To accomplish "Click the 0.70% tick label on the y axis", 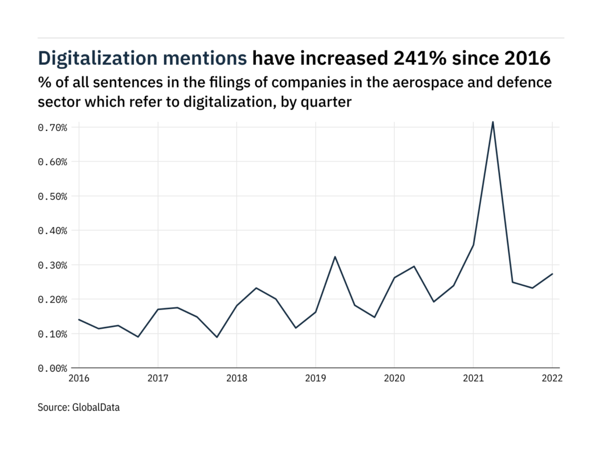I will (53, 127).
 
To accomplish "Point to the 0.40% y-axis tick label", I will (53, 231).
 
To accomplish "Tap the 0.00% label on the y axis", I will (53, 368).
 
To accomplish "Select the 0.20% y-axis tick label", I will (53, 300).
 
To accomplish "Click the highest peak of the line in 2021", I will (493, 122).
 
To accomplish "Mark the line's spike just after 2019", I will (335, 256).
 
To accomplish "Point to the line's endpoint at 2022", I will (552, 274).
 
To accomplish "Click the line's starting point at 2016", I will (79, 319).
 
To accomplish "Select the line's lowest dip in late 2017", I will (216, 337).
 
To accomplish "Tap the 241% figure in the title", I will (419, 59).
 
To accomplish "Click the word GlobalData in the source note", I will (96, 408).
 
